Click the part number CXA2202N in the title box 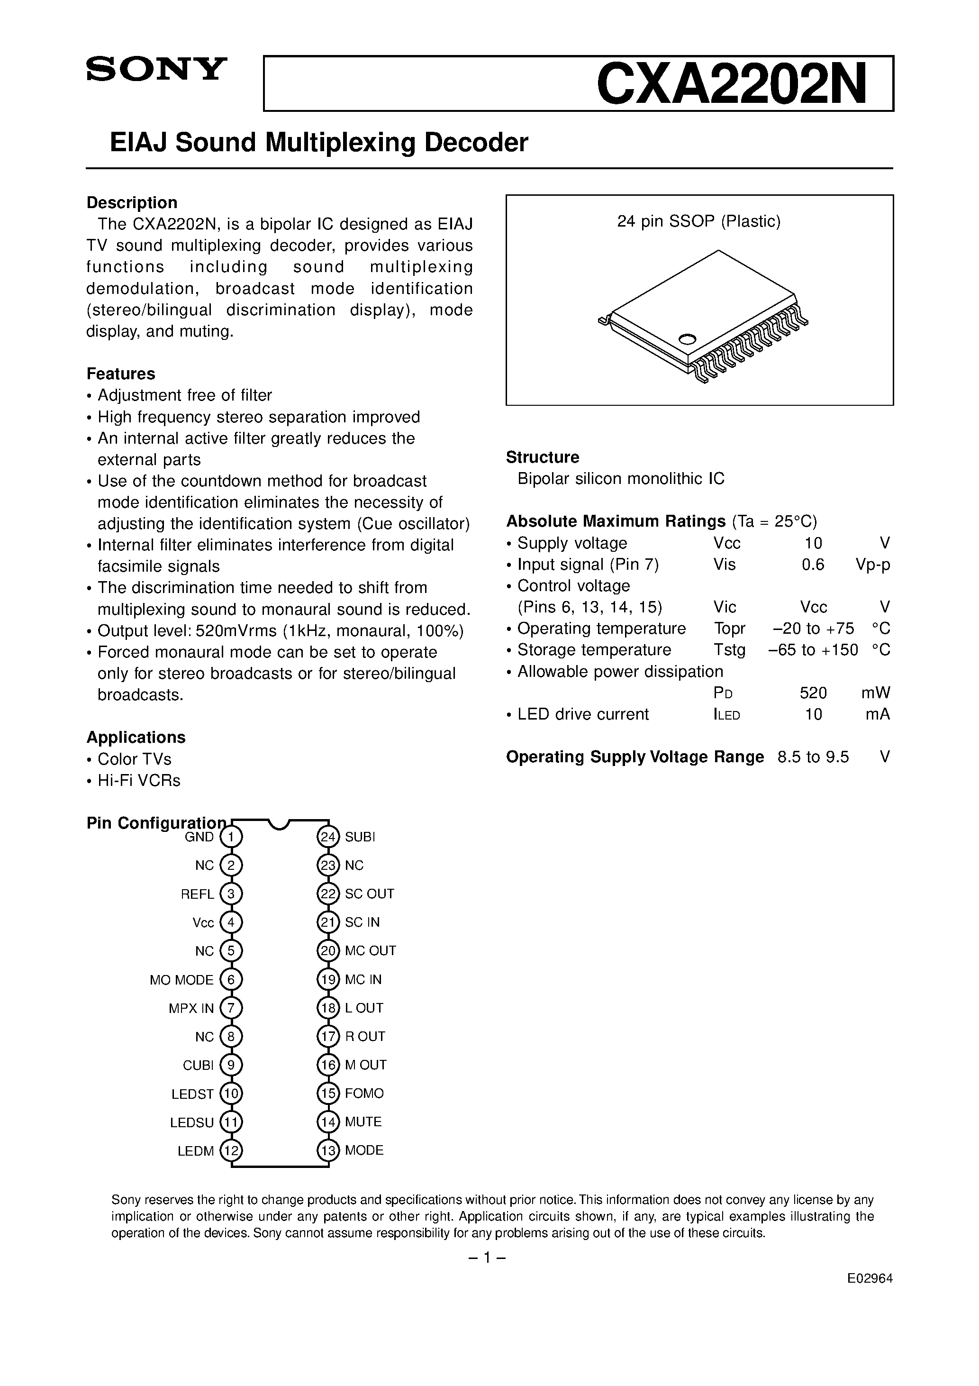click(731, 84)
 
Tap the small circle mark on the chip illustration click(687, 339)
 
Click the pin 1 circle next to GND click(231, 837)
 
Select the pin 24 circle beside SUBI click(328, 837)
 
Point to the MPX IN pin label click(191, 1008)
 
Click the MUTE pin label click(363, 1122)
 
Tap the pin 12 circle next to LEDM click(231, 1150)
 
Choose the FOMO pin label click(364, 1093)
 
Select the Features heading click(121, 374)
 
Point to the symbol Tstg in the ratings click(729, 650)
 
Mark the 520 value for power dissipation click(813, 693)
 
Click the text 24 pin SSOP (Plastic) click(698, 221)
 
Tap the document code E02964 click(869, 1278)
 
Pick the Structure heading click(542, 457)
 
